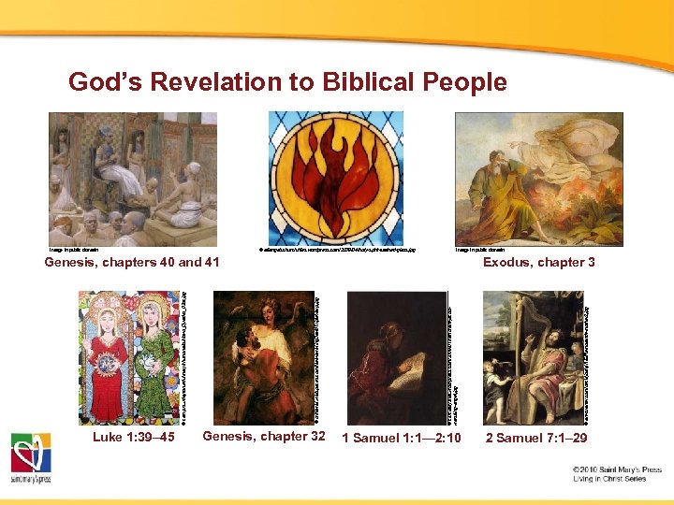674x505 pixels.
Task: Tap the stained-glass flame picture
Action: (336, 179)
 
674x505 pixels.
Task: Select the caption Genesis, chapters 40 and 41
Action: (132, 263)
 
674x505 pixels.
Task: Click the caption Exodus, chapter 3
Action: (538, 263)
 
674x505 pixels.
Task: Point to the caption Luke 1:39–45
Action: (133, 437)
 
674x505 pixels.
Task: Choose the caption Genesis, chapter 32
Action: (264, 437)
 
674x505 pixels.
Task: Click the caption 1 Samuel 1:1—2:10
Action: (401, 438)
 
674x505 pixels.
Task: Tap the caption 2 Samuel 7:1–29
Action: (535, 438)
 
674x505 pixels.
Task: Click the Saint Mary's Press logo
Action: (31, 458)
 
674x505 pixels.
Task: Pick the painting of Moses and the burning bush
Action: (524, 179)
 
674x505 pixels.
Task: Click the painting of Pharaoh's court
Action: (133, 179)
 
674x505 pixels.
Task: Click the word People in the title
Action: (463, 82)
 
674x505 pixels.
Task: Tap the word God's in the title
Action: (104, 82)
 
